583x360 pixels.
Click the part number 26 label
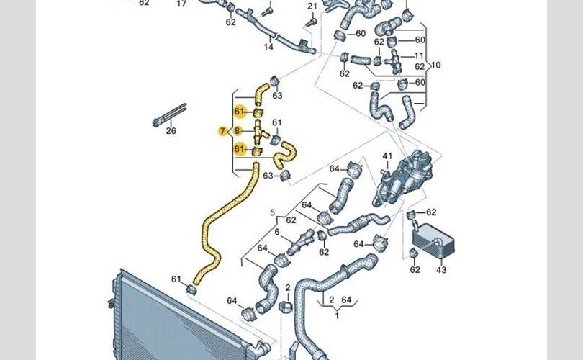coord(171,130)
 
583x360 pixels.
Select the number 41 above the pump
coord(387,156)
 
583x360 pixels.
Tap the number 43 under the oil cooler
coord(441,270)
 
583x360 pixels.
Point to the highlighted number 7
coord(222,130)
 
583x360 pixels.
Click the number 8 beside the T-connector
coord(238,130)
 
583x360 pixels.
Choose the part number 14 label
coord(268,47)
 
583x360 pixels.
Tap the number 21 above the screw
coord(312,6)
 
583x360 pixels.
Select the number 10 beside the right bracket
coord(436,65)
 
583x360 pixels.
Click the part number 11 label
coord(419,56)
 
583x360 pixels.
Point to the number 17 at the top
coord(181,4)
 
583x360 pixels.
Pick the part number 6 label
coord(276,232)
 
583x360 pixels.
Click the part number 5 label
coord(272,212)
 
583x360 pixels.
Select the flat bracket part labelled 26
coord(170,114)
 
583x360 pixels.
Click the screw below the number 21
coord(311,22)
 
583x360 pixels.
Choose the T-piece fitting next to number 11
coord(395,58)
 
